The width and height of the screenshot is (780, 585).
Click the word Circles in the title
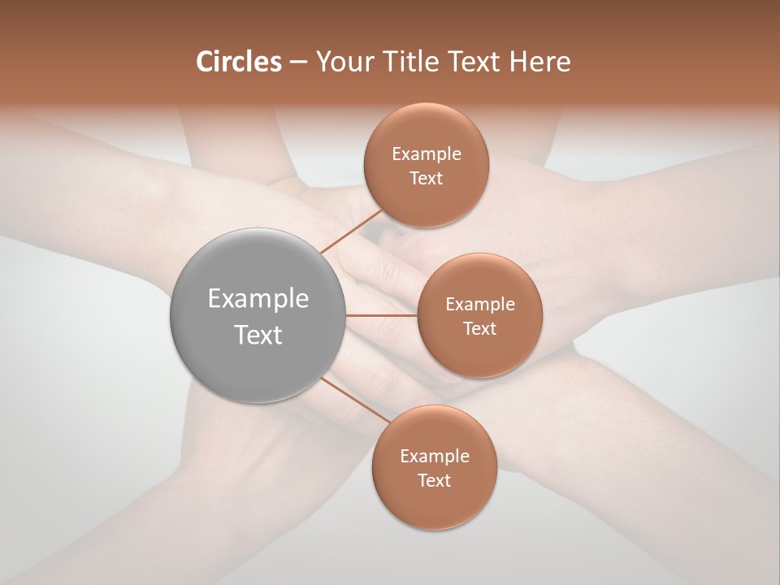(239, 62)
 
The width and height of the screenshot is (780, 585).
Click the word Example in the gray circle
(258, 299)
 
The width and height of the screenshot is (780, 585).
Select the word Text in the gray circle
(258, 335)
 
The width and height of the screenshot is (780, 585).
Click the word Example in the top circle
(426, 154)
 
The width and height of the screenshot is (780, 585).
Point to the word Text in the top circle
(426, 179)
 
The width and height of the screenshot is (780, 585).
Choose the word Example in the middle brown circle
(479, 305)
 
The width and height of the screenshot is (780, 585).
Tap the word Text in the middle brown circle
(479, 328)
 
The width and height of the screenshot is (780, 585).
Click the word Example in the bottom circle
(434, 457)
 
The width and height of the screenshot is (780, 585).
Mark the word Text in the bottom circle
(434, 480)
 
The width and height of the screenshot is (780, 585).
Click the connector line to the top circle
(352, 232)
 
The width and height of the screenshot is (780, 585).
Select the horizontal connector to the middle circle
(381, 315)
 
